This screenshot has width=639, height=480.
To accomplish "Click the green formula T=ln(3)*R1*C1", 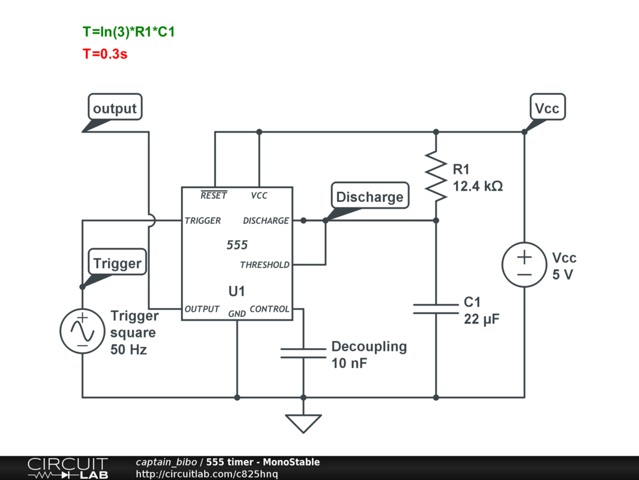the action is (x=129, y=32).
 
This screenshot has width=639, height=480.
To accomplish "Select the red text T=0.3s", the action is (x=105, y=54).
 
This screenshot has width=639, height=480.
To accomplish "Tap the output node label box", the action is (x=115, y=107).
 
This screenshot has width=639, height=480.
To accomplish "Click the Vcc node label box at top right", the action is (x=547, y=107).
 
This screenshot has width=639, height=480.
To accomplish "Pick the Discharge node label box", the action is (x=369, y=196).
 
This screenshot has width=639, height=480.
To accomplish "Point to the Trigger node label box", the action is (x=117, y=262).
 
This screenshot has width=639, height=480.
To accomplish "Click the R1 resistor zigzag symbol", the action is (x=436, y=176).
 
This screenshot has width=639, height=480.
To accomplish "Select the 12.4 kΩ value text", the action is (x=478, y=186).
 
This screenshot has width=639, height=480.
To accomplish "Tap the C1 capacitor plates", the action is (x=436, y=309).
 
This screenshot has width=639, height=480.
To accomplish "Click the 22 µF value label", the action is (x=482, y=319).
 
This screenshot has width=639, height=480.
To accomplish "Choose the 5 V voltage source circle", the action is (x=524, y=264).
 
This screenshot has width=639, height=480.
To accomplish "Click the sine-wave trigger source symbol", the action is (x=82, y=331).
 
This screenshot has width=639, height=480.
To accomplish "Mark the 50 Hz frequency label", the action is (x=129, y=350).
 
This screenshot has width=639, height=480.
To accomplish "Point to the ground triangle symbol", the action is (x=303, y=424).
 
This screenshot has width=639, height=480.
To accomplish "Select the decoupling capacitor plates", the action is (x=303, y=353).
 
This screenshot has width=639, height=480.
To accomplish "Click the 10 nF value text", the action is (x=349, y=363).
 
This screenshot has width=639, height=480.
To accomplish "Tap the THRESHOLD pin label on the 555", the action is (x=265, y=265).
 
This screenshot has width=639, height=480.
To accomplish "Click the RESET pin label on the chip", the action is (x=213, y=195).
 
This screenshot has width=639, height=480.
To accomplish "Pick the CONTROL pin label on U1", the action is (x=270, y=309).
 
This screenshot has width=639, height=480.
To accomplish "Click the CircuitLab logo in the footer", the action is (x=67, y=468).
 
